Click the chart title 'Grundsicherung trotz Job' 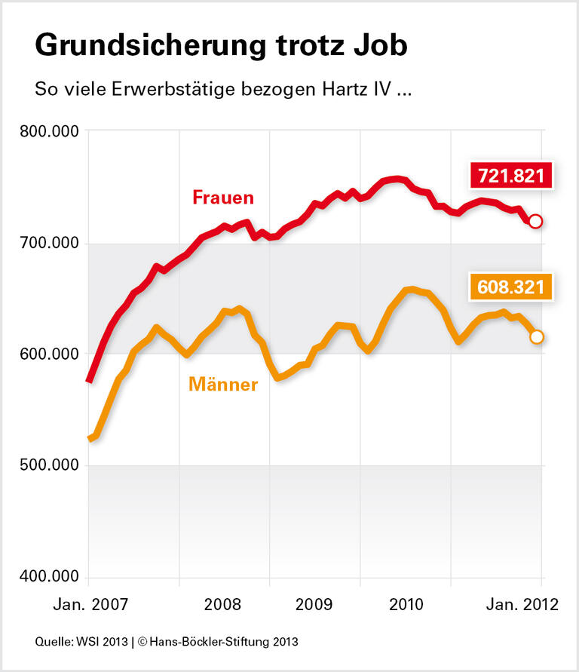(221, 46)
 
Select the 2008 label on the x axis (223, 605)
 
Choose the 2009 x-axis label (314, 605)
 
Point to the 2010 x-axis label (404, 605)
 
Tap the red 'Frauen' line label (223, 198)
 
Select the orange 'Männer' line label (223, 385)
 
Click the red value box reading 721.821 (510, 176)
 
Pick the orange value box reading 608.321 (510, 288)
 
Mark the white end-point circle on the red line (536, 221)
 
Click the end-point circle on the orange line (536, 336)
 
